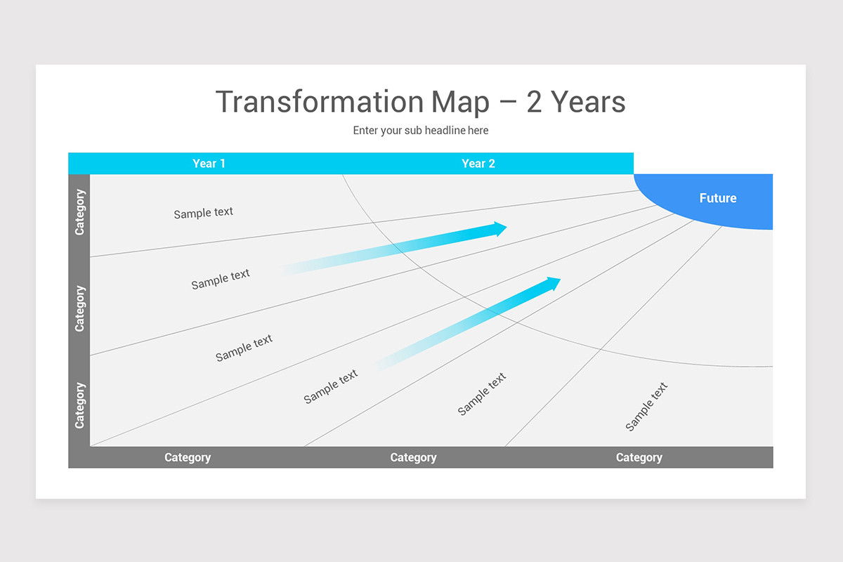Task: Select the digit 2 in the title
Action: click(x=534, y=102)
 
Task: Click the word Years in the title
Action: click(x=589, y=102)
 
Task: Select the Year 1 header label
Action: click(x=209, y=164)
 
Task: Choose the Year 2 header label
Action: click(x=478, y=164)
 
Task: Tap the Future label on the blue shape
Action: click(x=718, y=198)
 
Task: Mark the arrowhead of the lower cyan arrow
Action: click(x=554, y=283)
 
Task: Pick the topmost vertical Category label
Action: click(x=79, y=212)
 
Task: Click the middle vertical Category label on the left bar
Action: click(x=79, y=308)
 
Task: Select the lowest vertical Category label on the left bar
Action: click(x=79, y=405)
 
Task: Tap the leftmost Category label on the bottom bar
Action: click(x=188, y=457)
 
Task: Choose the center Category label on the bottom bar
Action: click(x=413, y=457)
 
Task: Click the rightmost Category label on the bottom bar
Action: click(x=639, y=457)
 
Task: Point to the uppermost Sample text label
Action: click(x=204, y=212)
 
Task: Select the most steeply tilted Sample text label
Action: click(x=646, y=406)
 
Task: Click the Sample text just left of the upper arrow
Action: click(x=221, y=279)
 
